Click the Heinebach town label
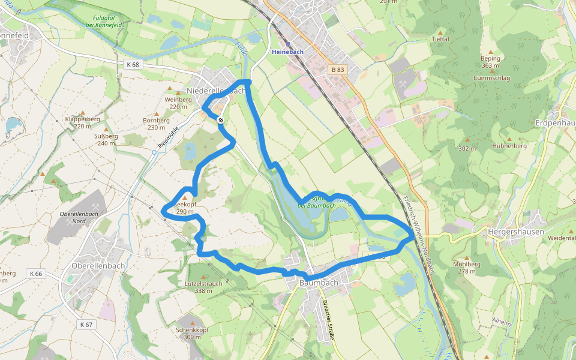tap(288, 52)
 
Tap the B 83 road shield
tap(338, 70)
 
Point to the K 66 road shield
tap(36, 274)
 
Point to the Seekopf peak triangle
tap(185, 197)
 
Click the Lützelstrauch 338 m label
tap(204, 287)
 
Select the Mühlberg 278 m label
tap(467, 267)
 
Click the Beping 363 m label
tap(490, 62)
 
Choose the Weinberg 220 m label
tap(178, 103)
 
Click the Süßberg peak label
tap(106, 140)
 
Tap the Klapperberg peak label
tap(82, 122)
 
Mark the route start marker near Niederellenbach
tap(221, 121)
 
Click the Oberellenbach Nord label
tap(79, 217)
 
